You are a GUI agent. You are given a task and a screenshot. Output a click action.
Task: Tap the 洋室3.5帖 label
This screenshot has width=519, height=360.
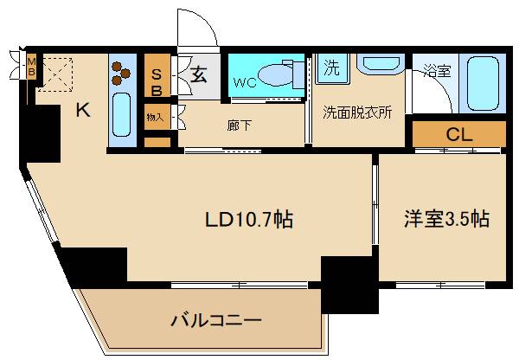[446, 220]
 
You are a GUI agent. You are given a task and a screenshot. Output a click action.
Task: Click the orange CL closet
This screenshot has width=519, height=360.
[458, 134]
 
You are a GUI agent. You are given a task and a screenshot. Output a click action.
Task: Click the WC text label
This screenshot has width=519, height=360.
[242, 85]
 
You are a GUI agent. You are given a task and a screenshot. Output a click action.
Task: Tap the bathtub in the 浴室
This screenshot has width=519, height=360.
[483, 85]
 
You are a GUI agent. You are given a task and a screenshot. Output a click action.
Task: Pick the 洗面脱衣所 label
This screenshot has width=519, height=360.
[357, 112]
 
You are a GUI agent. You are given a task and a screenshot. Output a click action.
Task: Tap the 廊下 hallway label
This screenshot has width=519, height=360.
[240, 125]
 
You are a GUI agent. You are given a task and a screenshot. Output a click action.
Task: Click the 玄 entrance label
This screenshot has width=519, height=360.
[198, 74]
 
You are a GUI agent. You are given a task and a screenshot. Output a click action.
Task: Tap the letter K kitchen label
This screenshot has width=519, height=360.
[82, 110]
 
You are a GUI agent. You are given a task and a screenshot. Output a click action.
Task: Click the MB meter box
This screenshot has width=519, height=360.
[31, 67]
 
